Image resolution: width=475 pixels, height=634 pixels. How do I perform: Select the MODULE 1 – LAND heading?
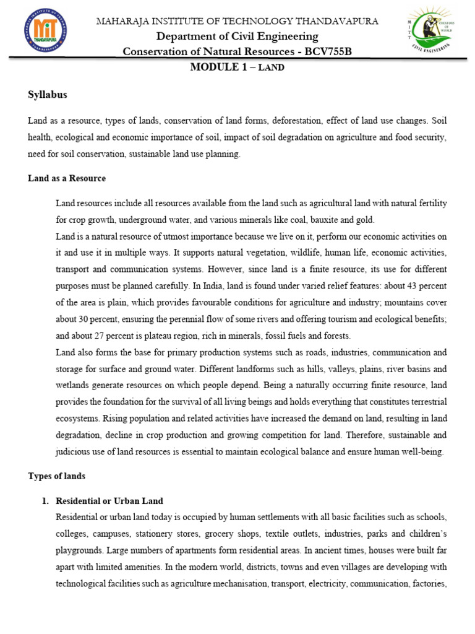click(x=237, y=67)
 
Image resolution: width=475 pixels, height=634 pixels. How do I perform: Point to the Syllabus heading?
click(x=48, y=95)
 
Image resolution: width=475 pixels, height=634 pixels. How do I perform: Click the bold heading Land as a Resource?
click(x=67, y=178)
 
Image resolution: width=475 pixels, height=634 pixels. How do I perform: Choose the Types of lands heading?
click(x=57, y=476)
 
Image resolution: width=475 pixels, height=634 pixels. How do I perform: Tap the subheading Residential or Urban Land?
click(x=109, y=500)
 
